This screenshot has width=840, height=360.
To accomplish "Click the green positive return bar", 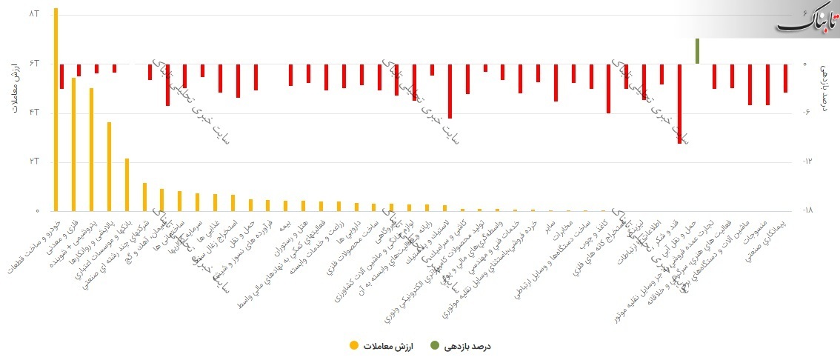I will tap(697, 51).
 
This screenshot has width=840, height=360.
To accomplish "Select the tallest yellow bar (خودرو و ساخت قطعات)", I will tap(56, 111).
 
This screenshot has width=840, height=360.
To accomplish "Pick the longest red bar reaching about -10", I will tap(679, 103).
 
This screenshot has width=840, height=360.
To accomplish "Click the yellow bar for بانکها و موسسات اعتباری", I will tap(127, 185).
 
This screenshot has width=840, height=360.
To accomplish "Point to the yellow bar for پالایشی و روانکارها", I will tap(109, 167).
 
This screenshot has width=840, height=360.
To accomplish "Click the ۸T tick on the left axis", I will tap(34, 14).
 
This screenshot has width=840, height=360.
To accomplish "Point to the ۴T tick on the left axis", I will tap(34, 113).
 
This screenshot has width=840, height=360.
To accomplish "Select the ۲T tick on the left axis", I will tap(34, 161).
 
